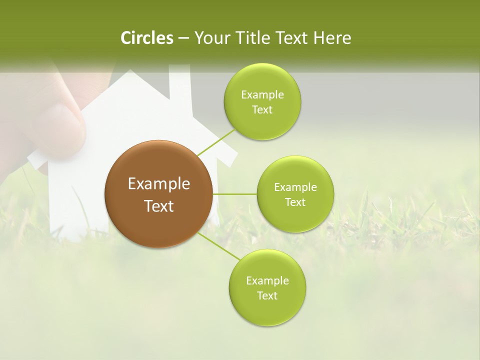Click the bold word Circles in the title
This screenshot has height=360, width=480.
click(146, 38)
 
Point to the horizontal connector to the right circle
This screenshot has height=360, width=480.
click(234, 194)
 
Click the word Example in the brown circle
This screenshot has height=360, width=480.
click(159, 184)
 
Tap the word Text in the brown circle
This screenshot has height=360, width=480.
click(159, 206)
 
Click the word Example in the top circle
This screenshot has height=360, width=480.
click(262, 95)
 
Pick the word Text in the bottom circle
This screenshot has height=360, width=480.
click(267, 295)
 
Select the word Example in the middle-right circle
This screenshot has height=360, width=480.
click(295, 187)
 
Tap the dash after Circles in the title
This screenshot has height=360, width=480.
click(183, 38)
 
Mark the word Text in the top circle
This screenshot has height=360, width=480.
click(262, 110)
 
